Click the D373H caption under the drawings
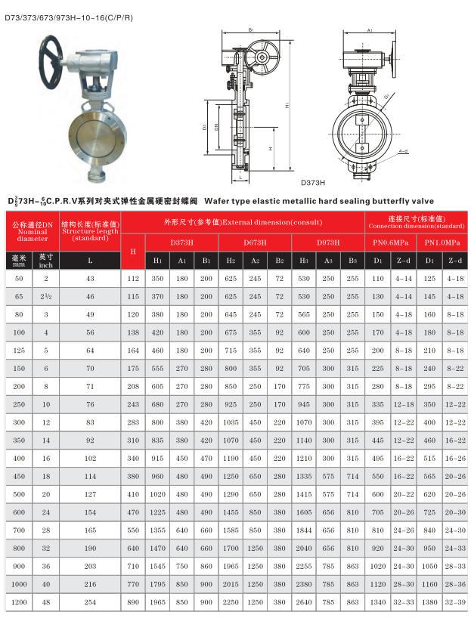[x=312, y=182]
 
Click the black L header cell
[x=90, y=261]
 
